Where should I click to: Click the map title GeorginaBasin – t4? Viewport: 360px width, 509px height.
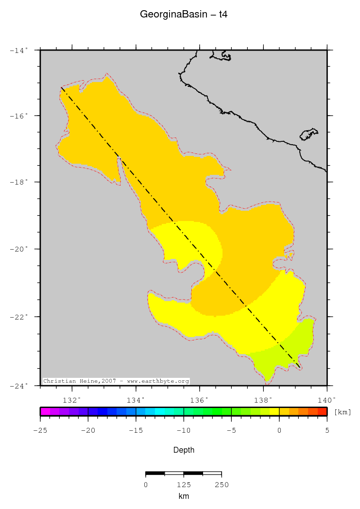184,15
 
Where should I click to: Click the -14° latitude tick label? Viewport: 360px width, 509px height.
20,50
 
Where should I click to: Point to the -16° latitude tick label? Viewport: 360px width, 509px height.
20,116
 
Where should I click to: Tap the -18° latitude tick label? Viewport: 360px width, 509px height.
20,183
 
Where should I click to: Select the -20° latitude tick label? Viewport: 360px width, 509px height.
20,249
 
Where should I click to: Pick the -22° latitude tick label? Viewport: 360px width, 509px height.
20,317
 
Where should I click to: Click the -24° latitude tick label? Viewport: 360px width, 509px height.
20,386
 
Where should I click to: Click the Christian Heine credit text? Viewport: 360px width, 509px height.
116,381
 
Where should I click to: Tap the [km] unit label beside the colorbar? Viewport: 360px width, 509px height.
343,412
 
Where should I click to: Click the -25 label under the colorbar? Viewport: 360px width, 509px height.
40,430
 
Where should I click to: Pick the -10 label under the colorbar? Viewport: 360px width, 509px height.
183,430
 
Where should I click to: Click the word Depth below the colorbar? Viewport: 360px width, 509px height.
184,450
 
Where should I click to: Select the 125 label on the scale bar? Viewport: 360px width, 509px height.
183,485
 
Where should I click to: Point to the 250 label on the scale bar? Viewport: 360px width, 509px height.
221,485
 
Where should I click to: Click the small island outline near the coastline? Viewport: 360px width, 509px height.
309,134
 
